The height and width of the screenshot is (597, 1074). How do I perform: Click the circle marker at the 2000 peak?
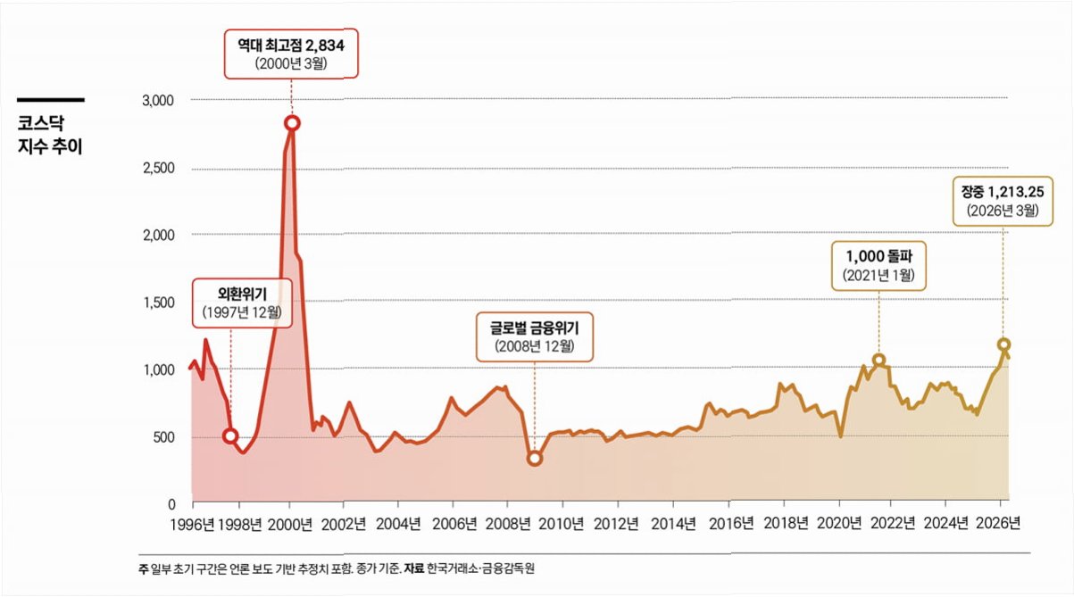[x=292, y=124]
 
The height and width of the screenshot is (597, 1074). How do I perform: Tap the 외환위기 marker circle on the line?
[x=230, y=436]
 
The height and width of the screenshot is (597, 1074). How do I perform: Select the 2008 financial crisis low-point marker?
[x=535, y=459]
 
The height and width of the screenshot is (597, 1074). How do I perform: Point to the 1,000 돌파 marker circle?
[x=878, y=360]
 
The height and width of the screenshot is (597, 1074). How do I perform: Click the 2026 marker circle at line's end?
[x=1004, y=344]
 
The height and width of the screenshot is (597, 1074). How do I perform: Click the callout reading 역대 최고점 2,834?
[x=291, y=54]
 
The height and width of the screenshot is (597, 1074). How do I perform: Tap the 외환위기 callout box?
[x=242, y=303]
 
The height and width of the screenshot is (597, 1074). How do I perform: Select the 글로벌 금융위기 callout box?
[x=535, y=336]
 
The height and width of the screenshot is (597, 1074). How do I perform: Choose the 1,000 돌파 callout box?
[x=878, y=266]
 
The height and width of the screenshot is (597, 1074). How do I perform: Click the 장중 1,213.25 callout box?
[x=1003, y=202]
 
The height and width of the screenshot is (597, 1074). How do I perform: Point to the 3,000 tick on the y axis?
[x=158, y=101]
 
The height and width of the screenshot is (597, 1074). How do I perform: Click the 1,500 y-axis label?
[x=159, y=303]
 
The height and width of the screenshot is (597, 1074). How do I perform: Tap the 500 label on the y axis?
[x=164, y=437]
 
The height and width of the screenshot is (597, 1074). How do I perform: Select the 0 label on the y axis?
[x=171, y=504]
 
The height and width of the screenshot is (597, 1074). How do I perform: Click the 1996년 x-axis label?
[x=192, y=525]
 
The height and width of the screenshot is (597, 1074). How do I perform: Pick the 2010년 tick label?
[x=561, y=524]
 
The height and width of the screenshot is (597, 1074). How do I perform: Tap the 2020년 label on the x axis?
[x=839, y=523]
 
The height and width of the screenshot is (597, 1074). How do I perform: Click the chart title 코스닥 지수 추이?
[x=50, y=135]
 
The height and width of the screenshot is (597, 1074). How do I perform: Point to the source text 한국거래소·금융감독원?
[x=480, y=568]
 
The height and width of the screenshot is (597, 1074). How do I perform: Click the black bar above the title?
[x=51, y=100]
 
